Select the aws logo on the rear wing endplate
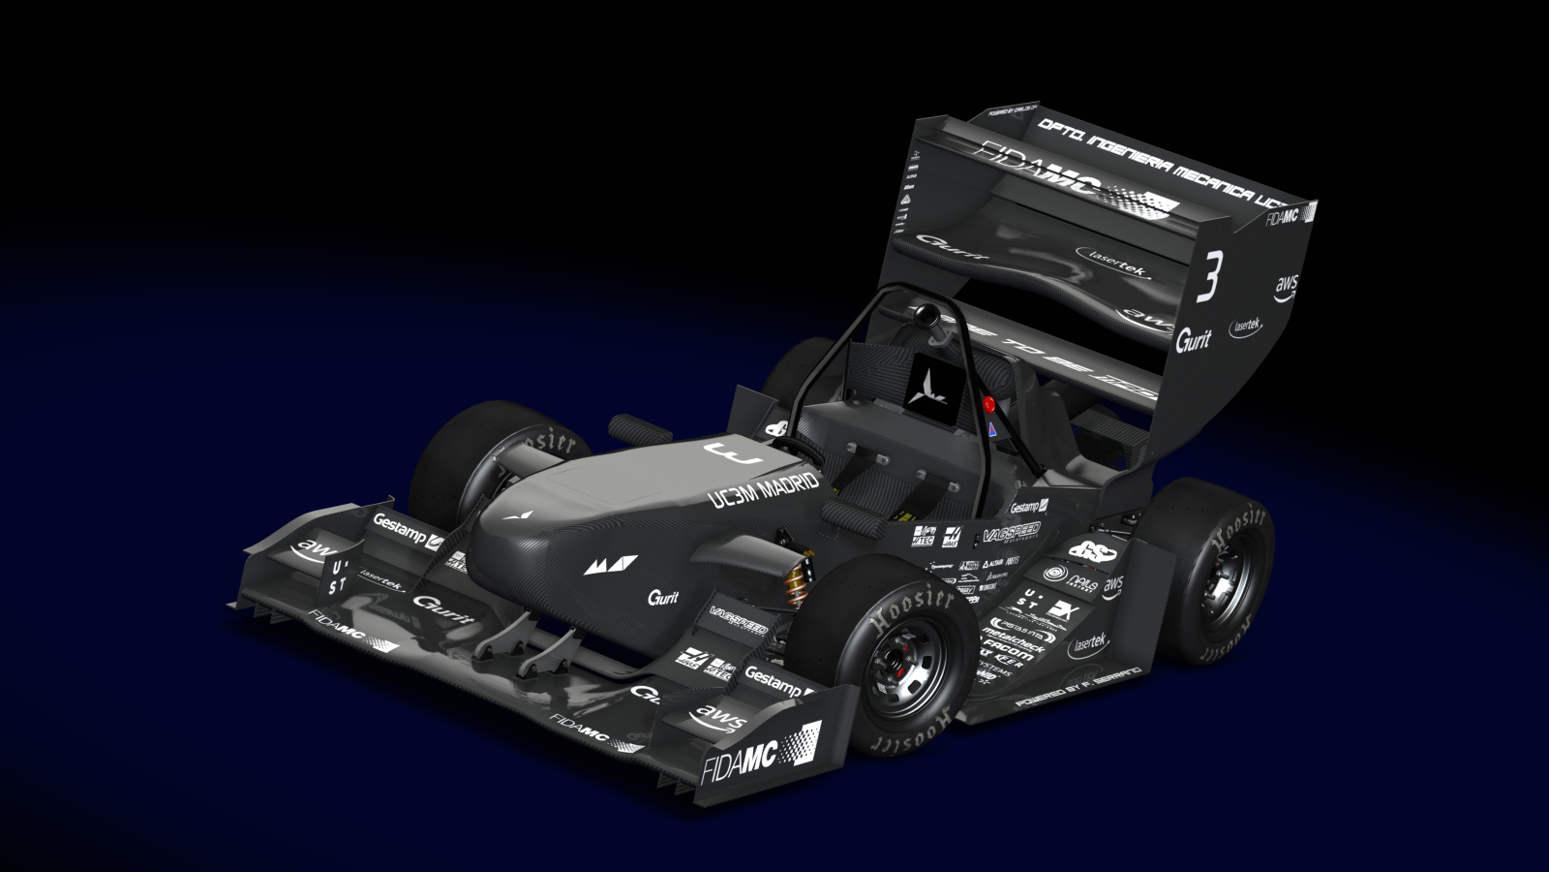[1285, 287]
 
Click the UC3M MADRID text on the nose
[764, 489]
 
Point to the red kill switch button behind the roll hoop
[988, 406]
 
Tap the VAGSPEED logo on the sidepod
[1010, 532]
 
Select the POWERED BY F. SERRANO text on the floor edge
[1077, 686]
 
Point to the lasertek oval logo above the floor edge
[1090, 642]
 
